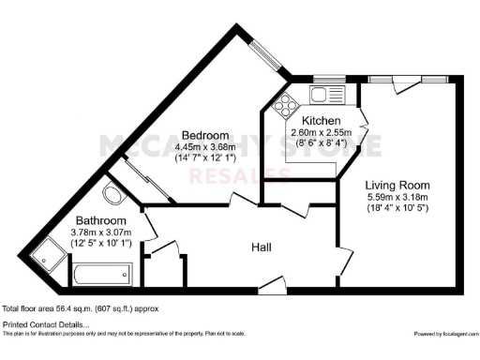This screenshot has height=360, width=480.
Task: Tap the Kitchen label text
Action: [321, 122]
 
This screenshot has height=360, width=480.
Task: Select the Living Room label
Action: [397, 185]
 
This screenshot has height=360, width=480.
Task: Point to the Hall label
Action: [262, 247]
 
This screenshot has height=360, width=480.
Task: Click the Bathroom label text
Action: [100, 220]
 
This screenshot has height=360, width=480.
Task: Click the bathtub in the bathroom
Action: [101, 276]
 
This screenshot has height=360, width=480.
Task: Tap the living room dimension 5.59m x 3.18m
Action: [397, 198]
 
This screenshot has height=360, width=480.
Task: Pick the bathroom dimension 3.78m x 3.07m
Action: [101, 232]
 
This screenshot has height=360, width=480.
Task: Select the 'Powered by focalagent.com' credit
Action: [445, 334]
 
